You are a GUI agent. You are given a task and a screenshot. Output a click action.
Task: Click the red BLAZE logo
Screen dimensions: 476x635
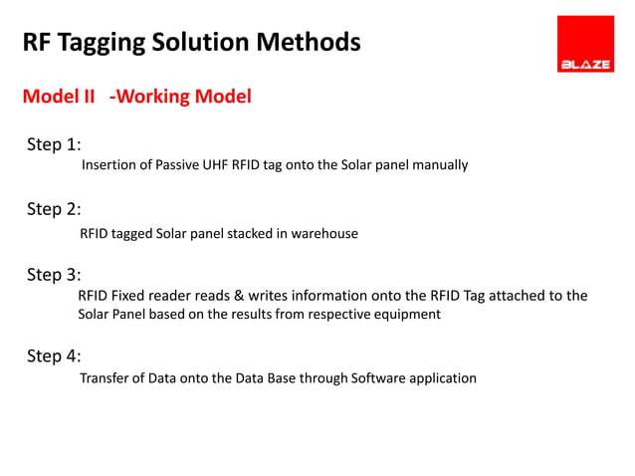[x=584, y=45]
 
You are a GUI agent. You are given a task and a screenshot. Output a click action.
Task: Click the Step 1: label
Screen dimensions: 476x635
[x=54, y=144]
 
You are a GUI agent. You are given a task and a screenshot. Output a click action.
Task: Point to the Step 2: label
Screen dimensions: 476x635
[x=54, y=209]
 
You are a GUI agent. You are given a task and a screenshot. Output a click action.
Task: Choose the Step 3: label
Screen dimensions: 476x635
[x=54, y=274]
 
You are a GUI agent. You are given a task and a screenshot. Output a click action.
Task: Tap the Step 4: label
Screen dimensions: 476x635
[x=54, y=356]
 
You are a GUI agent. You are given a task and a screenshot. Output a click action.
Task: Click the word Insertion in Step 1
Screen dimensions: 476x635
[x=108, y=165]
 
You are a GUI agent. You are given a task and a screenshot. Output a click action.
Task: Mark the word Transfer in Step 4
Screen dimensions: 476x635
[x=104, y=378]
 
